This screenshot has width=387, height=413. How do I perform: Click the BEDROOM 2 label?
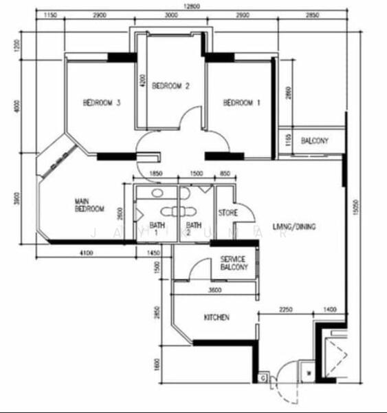170,86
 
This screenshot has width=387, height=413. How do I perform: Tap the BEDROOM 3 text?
102,103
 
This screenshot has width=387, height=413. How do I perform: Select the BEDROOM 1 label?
242,103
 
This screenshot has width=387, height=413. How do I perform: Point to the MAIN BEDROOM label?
89,205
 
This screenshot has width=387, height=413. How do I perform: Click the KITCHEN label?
217,318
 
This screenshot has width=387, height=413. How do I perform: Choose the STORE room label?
228,213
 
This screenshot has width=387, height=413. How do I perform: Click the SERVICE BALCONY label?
234,263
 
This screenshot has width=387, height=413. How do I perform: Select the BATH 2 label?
193,229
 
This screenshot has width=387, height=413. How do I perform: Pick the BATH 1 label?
155,229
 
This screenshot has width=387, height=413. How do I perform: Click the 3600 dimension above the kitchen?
214,290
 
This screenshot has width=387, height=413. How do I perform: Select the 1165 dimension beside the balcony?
288,142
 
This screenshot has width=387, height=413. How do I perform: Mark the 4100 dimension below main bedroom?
85,254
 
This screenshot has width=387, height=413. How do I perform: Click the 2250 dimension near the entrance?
286,311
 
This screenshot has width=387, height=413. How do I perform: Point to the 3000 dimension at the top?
170,14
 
